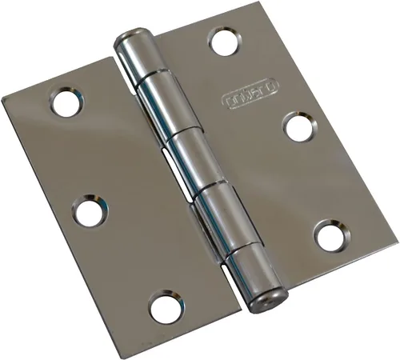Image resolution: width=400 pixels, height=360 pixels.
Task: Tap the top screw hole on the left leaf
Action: pyautogui.click(x=65, y=104)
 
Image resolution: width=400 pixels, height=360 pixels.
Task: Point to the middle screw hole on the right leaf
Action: pyautogui.click(x=301, y=127)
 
